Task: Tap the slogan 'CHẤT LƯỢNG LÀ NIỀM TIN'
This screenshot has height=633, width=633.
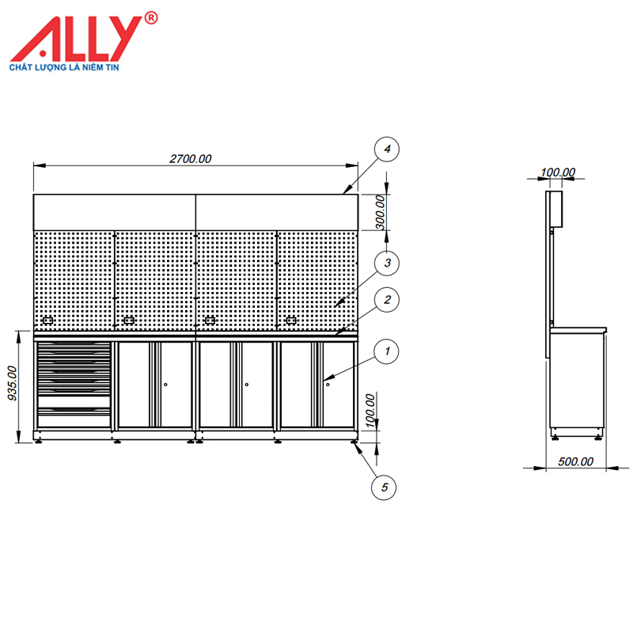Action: coord(75,68)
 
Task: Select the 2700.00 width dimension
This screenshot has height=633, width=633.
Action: coord(191,158)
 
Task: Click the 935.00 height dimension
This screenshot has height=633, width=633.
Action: coord(11,384)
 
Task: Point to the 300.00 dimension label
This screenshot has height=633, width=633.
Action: coord(381,212)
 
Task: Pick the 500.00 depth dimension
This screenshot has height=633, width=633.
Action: coord(575,461)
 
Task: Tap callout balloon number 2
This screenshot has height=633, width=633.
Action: coord(385,301)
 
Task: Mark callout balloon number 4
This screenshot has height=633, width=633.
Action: coord(385,149)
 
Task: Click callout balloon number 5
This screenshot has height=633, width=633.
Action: coord(384,487)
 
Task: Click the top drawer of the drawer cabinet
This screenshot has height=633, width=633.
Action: coord(73,347)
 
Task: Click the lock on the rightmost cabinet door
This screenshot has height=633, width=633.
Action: coord(328,385)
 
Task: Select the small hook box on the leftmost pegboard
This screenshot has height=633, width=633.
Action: coord(47,320)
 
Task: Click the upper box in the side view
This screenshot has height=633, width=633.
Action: coord(555,209)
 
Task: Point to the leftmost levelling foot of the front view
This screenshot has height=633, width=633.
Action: coord(39,442)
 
